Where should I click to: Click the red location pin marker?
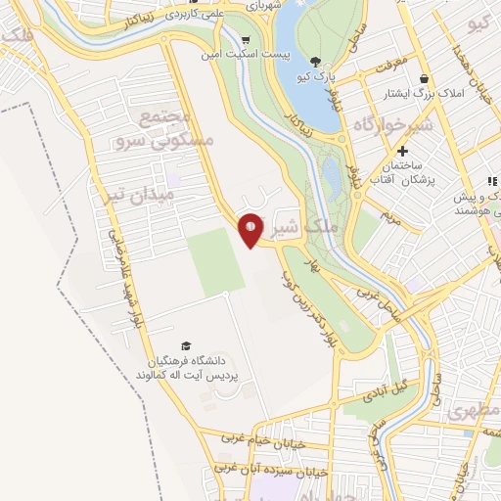[x=251, y=229]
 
